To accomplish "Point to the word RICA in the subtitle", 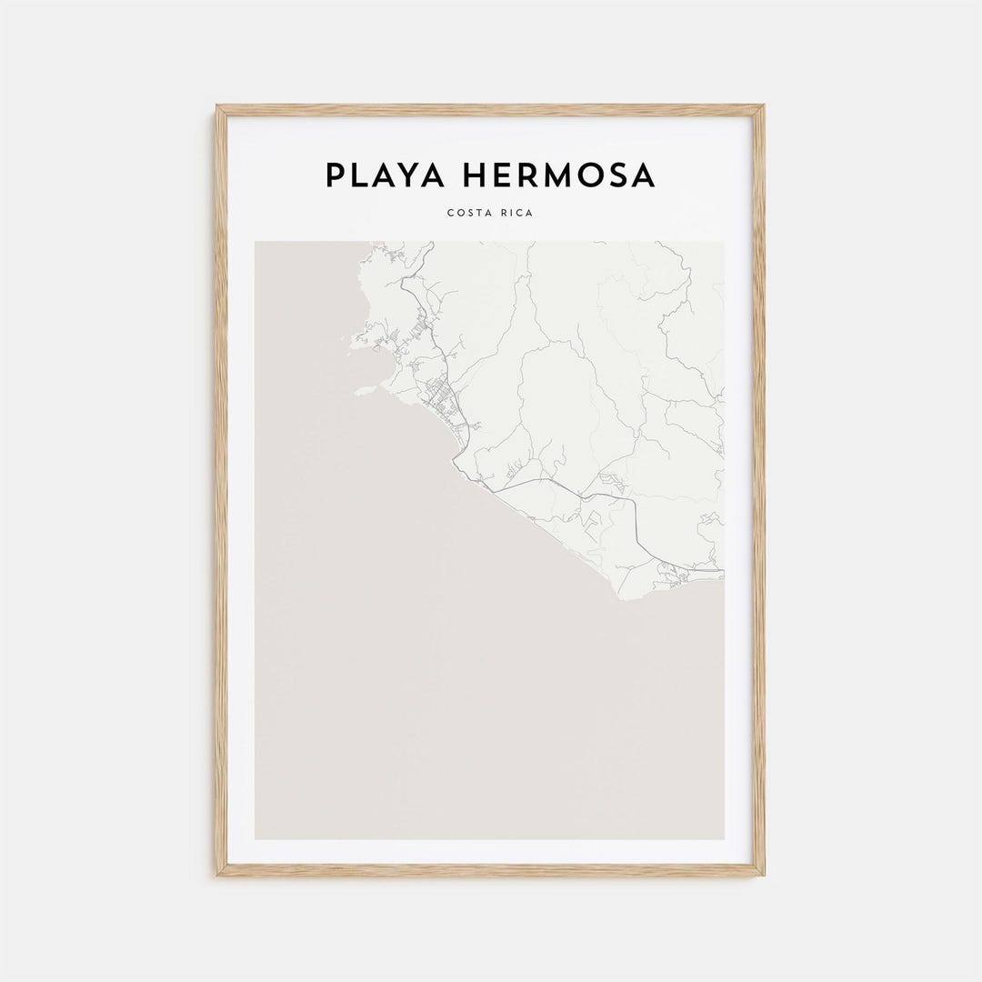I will [x=517, y=214].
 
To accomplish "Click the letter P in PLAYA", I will [x=335, y=175].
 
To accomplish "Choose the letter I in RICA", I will [x=509, y=214].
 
